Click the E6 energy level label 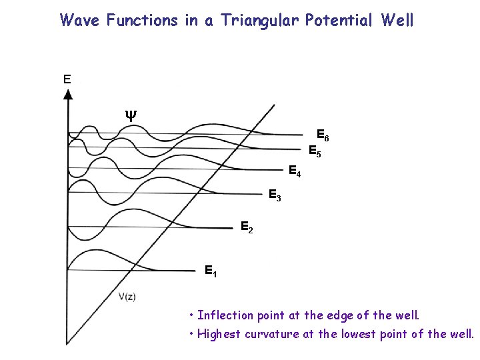tap(322, 135)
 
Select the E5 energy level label tap(315, 151)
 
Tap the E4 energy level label tap(295, 171)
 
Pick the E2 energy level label tap(246, 228)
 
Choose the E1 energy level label tap(211, 271)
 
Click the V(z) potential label tap(127, 297)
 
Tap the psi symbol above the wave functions tap(131, 114)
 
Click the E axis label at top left tap(67, 79)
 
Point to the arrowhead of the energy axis tap(68, 93)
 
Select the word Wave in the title tap(81, 20)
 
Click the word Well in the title tap(397, 20)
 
